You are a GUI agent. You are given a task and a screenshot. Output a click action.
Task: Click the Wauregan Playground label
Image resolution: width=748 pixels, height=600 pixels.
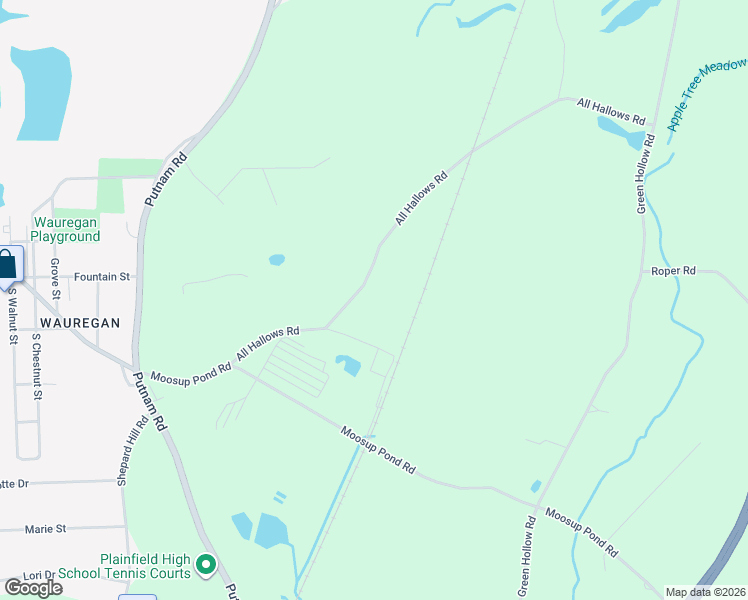coord(65,229)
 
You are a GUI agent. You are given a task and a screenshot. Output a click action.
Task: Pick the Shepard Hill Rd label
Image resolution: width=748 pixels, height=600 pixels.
coord(127,450)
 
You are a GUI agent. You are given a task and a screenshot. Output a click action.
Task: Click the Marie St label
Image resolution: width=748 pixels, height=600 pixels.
coord(46,528)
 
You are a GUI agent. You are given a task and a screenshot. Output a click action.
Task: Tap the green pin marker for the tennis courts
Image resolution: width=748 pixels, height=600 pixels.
coord(207,566)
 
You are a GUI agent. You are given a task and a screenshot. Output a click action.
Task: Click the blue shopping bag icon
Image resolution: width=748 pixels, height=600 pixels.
coord(7,265)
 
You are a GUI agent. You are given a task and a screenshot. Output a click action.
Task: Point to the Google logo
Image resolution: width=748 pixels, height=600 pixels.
coord(34,588)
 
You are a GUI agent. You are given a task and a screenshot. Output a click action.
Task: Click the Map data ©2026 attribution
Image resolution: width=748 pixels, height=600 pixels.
coord(705,592)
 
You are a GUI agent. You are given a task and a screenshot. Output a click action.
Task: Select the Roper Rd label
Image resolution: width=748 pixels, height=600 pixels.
coord(673,271)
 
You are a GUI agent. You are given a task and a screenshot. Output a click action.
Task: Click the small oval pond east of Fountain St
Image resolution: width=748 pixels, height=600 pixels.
coord(277,260)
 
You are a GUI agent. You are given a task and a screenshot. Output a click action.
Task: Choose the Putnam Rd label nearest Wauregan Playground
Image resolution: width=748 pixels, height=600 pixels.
coord(166,179)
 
